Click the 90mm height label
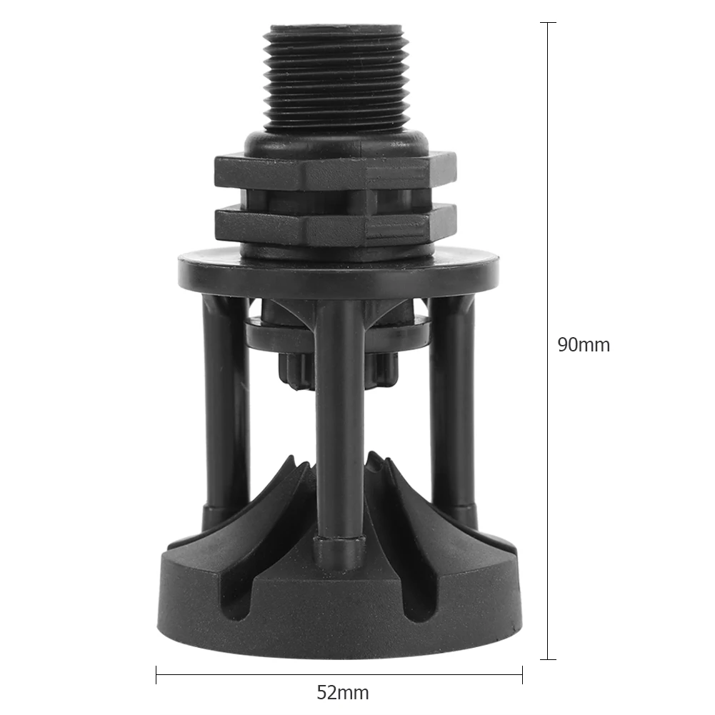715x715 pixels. click(584, 345)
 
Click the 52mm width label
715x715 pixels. click(343, 692)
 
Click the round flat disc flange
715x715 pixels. click(339, 269)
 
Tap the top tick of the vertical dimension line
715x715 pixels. click(548, 23)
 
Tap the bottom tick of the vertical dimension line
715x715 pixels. click(548, 659)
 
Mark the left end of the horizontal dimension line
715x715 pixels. click(156, 674)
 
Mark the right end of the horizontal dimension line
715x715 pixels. click(522, 674)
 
